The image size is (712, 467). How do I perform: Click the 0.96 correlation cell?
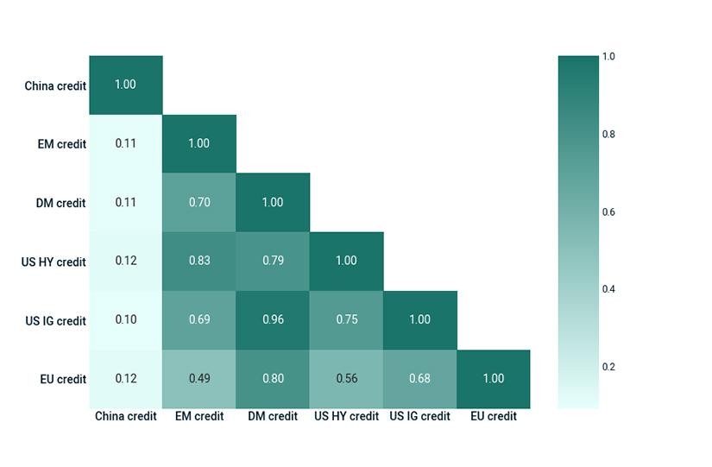tap(273, 320)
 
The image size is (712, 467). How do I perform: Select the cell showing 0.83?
tap(199, 262)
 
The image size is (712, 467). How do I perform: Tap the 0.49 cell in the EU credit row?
tap(199, 379)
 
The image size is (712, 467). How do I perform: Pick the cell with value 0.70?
tap(199, 203)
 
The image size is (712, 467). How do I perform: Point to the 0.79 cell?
tap(273, 262)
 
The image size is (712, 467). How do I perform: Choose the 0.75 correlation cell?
tap(346, 320)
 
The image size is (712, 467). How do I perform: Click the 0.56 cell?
tap(346, 379)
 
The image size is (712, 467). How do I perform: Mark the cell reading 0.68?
tap(420, 379)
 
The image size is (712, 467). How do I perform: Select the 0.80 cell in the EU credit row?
tap(273, 379)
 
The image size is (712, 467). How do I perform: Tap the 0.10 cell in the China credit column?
tap(126, 320)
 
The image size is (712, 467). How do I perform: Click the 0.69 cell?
tap(199, 320)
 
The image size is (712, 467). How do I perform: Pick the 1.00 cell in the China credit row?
tap(126, 85)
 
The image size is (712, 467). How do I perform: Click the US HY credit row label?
tap(54, 262)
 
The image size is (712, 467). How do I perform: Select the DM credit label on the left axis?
tap(61, 203)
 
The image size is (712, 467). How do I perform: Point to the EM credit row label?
tap(62, 144)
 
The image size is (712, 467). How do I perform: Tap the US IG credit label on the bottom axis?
tap(419, 416)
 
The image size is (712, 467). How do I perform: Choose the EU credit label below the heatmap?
tap(494, 416)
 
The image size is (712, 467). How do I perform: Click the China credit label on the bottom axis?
tap(126, 416)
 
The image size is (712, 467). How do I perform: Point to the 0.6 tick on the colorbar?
tap(608, 212)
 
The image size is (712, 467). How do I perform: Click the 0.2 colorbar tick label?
tap(608, 367)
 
